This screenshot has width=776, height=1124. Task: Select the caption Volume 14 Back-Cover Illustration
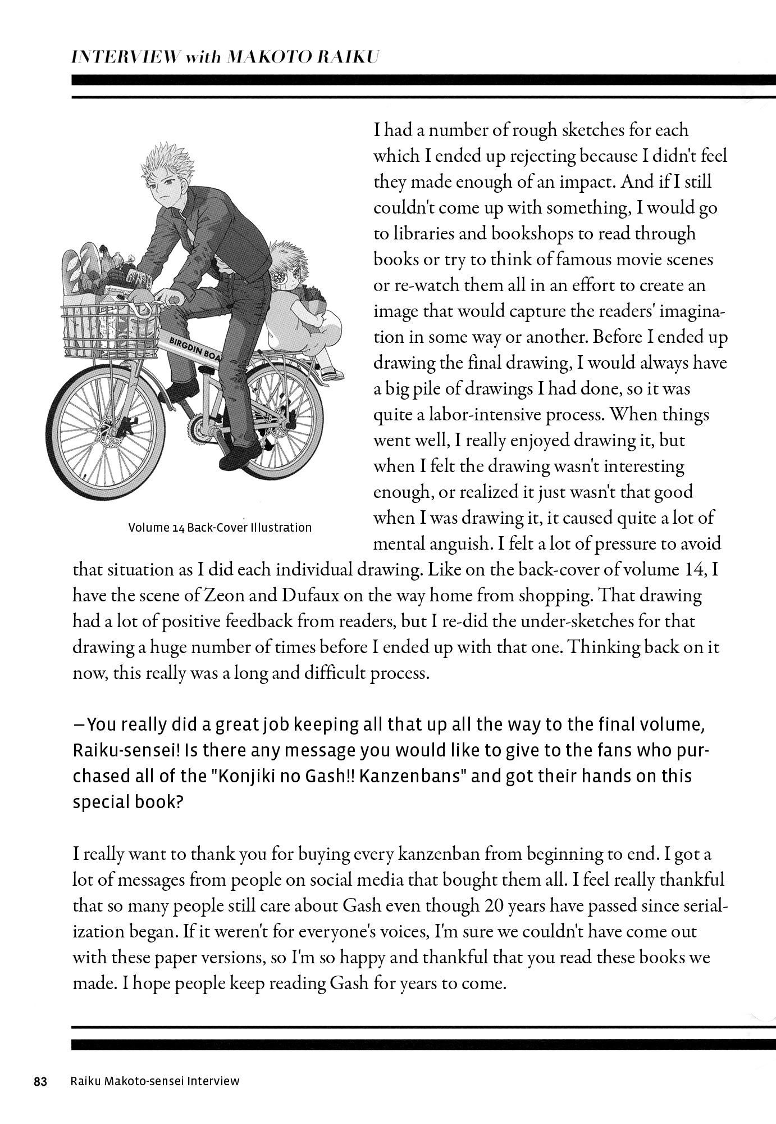click(x=220, y=528)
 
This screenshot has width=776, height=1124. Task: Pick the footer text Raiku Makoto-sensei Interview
click(x=155, y=1081)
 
